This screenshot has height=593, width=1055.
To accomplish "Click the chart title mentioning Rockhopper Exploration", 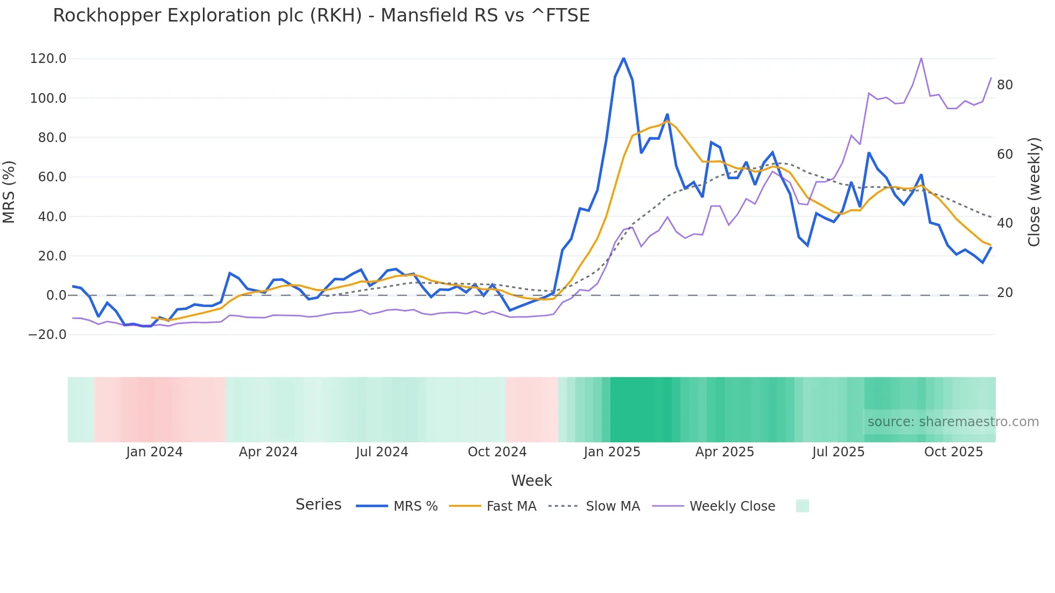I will [x=321, y=16].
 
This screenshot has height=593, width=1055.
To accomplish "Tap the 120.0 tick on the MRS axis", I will [x=48, y=59].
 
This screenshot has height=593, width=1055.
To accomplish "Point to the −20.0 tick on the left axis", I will [x=47, y=335].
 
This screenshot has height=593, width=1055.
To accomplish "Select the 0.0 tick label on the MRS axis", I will [x=56, y=295].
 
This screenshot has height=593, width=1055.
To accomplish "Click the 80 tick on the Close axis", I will [x=1004, y=85].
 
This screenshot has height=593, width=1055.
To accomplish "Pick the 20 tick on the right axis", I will [x=1004, y=293].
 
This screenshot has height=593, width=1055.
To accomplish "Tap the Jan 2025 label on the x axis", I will [x=612, y=452].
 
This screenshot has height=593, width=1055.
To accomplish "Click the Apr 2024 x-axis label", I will [x=268, y=452].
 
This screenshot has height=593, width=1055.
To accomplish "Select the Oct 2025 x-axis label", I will [x=953, y=452].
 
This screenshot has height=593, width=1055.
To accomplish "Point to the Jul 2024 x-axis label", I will [x=382, y=452].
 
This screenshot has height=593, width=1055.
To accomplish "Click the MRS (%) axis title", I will [x=9, y=192].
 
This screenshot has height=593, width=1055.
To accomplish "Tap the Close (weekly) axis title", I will [x=1033, y=192].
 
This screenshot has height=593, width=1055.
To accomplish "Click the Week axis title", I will [x=531, y=481].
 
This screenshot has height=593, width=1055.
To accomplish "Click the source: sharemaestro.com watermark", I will [x=953, y=422].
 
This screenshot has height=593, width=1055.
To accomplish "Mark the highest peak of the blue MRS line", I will [x=623, y=58].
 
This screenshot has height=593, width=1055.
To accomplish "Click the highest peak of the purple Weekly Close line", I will [x=921, y=58].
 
